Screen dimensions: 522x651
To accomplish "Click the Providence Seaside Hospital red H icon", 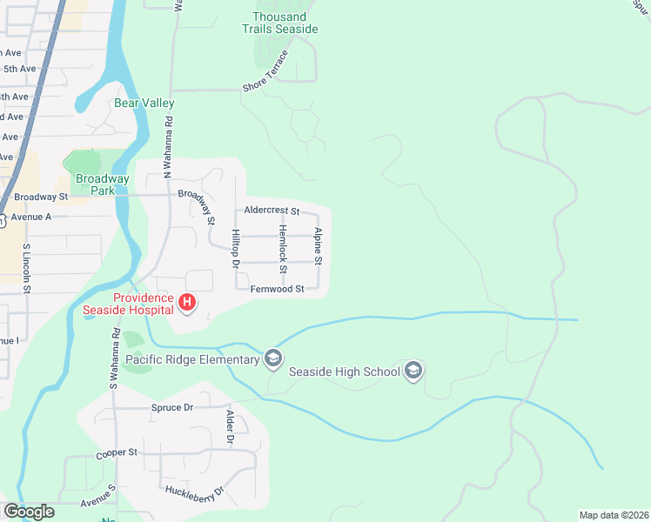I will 186,303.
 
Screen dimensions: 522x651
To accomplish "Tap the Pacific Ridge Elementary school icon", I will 273,358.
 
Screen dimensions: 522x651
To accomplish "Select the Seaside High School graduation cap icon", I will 413,371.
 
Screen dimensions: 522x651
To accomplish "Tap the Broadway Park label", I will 102,184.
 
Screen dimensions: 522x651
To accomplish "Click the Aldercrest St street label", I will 272,211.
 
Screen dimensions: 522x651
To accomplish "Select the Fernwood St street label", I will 277,289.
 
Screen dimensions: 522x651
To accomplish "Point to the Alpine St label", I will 319,247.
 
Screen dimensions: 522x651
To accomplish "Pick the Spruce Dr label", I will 171,407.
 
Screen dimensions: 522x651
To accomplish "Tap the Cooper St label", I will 117,453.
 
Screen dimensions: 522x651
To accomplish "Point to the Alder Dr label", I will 231,428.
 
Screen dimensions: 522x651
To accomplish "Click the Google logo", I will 28,512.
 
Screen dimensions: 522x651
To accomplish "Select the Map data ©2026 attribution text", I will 613,515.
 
